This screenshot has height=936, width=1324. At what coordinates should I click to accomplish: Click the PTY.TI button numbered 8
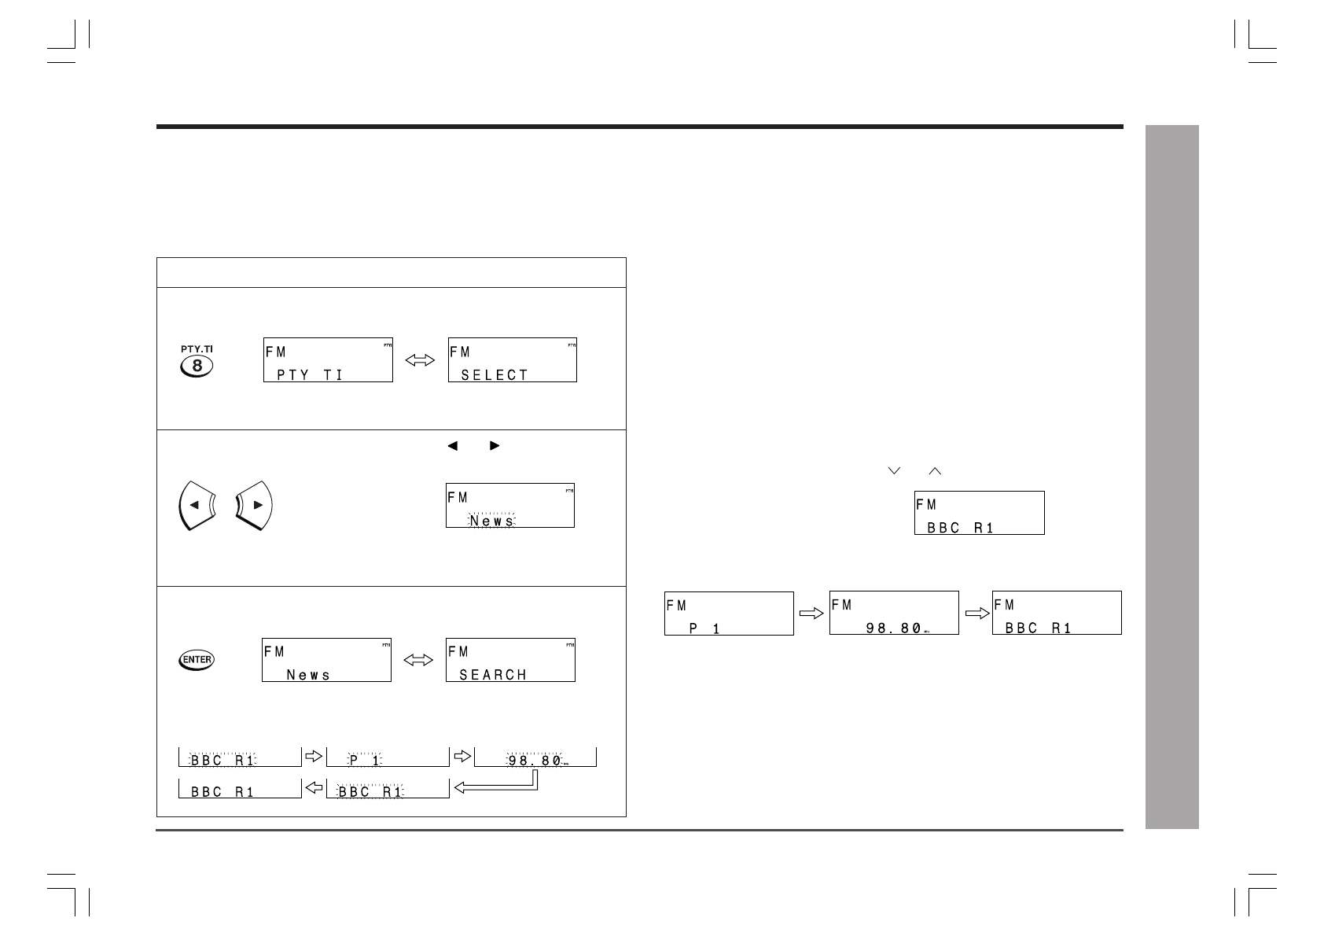pos(197,365)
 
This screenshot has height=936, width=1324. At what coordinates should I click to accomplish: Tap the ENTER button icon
pos(197,659)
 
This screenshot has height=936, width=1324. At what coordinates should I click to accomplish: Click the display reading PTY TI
pos(328,360)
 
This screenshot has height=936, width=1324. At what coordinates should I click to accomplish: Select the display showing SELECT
pos(513,360)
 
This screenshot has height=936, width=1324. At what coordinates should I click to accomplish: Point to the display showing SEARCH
pos(510,659)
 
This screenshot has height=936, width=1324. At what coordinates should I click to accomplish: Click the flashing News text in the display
pos(492,521)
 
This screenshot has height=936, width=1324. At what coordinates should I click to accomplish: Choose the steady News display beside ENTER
pos(326,659)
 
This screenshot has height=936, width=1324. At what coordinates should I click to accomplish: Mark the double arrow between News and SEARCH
pos(418,660)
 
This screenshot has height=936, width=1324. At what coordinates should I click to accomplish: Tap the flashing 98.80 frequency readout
pos(535,761)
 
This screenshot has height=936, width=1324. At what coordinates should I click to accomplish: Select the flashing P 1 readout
pos(366,761)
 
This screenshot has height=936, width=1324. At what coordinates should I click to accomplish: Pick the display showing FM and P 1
pos(729,614)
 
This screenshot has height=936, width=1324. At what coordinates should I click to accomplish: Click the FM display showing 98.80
pos(894,613)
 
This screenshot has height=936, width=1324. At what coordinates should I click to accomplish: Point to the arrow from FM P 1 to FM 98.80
pos(811,614)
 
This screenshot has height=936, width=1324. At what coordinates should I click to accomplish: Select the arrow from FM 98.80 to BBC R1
pos(976,614)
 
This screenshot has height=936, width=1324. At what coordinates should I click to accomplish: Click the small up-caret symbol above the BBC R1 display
pos(935,470)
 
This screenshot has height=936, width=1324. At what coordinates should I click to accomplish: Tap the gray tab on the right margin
pos(1171,477)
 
